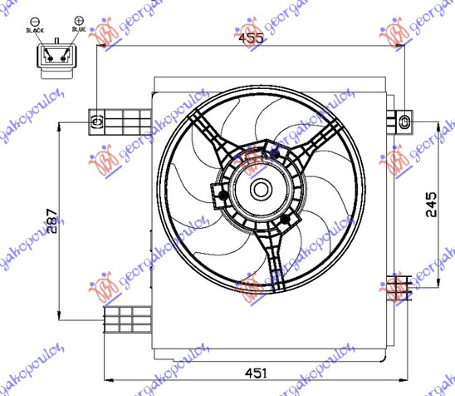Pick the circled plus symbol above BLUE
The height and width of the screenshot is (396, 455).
click(79, 18)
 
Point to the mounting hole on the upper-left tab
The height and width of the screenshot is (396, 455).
click(95, 121)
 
